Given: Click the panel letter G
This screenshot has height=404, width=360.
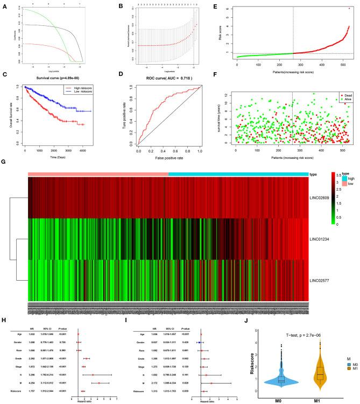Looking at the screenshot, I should click(x=5, y=161).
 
